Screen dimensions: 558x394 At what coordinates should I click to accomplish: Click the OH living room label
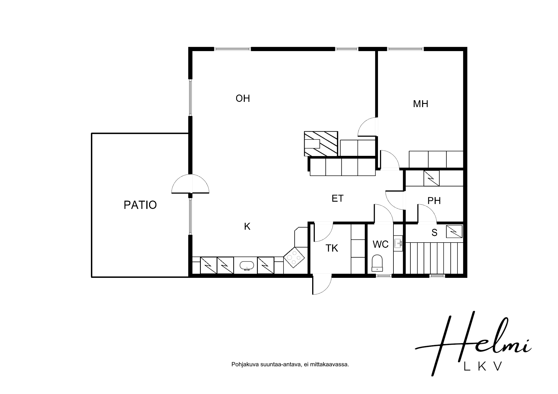tap(243, 98)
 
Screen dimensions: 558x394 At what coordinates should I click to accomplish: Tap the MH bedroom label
tap(420, 104)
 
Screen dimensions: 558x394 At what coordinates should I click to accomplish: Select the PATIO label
tap(140, 205)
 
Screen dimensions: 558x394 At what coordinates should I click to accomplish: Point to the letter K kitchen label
tap(247, 226)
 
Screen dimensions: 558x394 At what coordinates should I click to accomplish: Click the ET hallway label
tap(337, 198)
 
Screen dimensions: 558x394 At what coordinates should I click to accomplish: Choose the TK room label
tap(332, 248)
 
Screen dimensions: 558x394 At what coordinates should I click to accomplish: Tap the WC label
tap(381, 244)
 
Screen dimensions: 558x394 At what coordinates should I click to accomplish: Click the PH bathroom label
tap(434, 201)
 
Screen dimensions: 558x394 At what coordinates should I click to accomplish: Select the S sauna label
tap(434, 233)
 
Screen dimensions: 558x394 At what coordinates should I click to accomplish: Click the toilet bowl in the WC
tap(377, 263)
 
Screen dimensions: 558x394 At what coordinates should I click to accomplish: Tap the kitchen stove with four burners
tap(294, 257)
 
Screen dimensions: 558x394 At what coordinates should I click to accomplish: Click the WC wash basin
tap(398, 243)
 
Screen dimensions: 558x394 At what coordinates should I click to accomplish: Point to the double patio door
tap(190, 184)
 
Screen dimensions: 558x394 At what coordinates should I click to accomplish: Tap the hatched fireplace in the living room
tap(321, 144)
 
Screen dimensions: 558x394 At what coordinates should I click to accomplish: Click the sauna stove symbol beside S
tap(454, 231)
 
